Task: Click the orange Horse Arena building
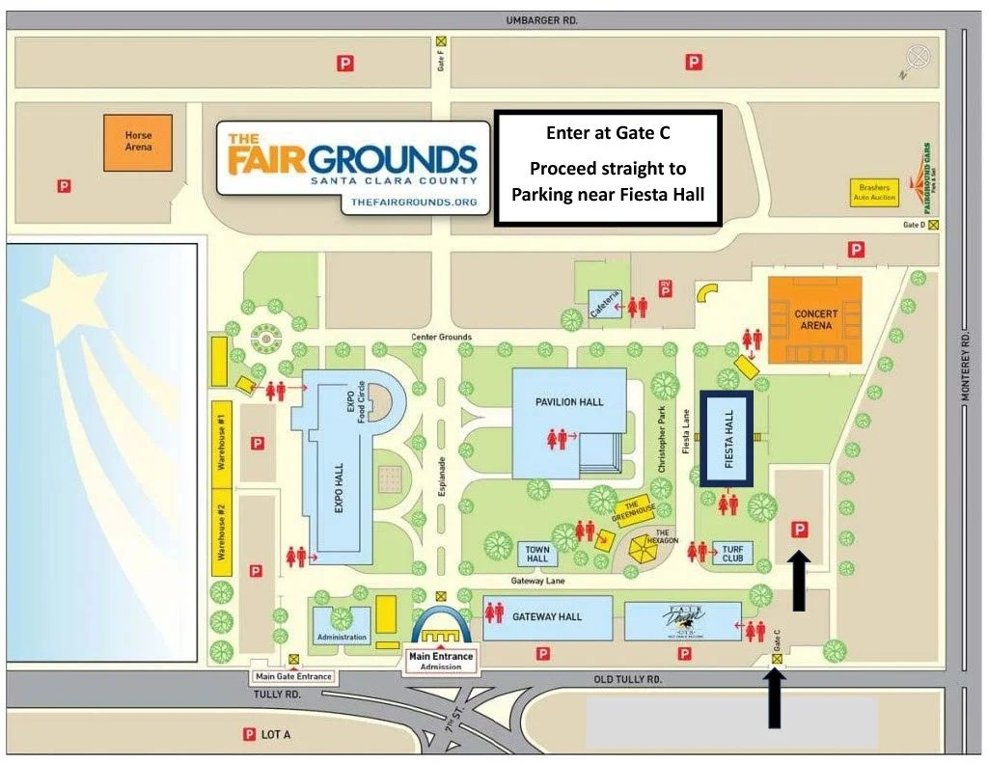click(138, 143)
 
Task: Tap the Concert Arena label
click(815, 319)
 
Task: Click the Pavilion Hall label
click(569, 401)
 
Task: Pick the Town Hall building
click(537, 554)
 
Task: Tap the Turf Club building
click(732, 554)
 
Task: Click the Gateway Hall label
click(547, 617)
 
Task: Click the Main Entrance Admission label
click(440, 661)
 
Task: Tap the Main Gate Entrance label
click(293, 676)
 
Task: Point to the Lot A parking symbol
click(249, 735)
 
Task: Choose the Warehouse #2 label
click(221, 532)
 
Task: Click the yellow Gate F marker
click(441, 41)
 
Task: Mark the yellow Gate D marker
click(933, 225)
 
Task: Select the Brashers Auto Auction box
click(873, 192)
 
